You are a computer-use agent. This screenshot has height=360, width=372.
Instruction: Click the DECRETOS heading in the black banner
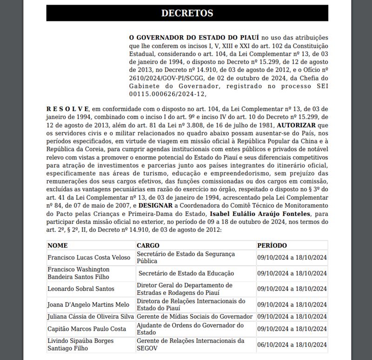(187, 13)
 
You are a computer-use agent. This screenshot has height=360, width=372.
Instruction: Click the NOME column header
(58, 245)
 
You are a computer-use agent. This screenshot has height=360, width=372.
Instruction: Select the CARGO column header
(148, 245)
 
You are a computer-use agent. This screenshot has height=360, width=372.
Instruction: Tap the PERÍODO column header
(272, 245)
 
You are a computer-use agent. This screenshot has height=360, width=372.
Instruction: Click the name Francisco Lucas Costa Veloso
(88, 257)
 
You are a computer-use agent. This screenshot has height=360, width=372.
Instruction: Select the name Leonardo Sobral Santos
(81, 289)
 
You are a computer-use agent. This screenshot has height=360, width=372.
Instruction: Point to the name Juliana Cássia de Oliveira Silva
(91, 317)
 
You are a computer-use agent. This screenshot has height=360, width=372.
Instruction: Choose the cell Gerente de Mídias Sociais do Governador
(194, 317)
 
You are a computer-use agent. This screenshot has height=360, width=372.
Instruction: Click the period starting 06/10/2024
(292, 344)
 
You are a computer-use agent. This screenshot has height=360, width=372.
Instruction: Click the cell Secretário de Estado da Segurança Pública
(186, 257)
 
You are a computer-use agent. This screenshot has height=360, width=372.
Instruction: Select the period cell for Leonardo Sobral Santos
(292, 289)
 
